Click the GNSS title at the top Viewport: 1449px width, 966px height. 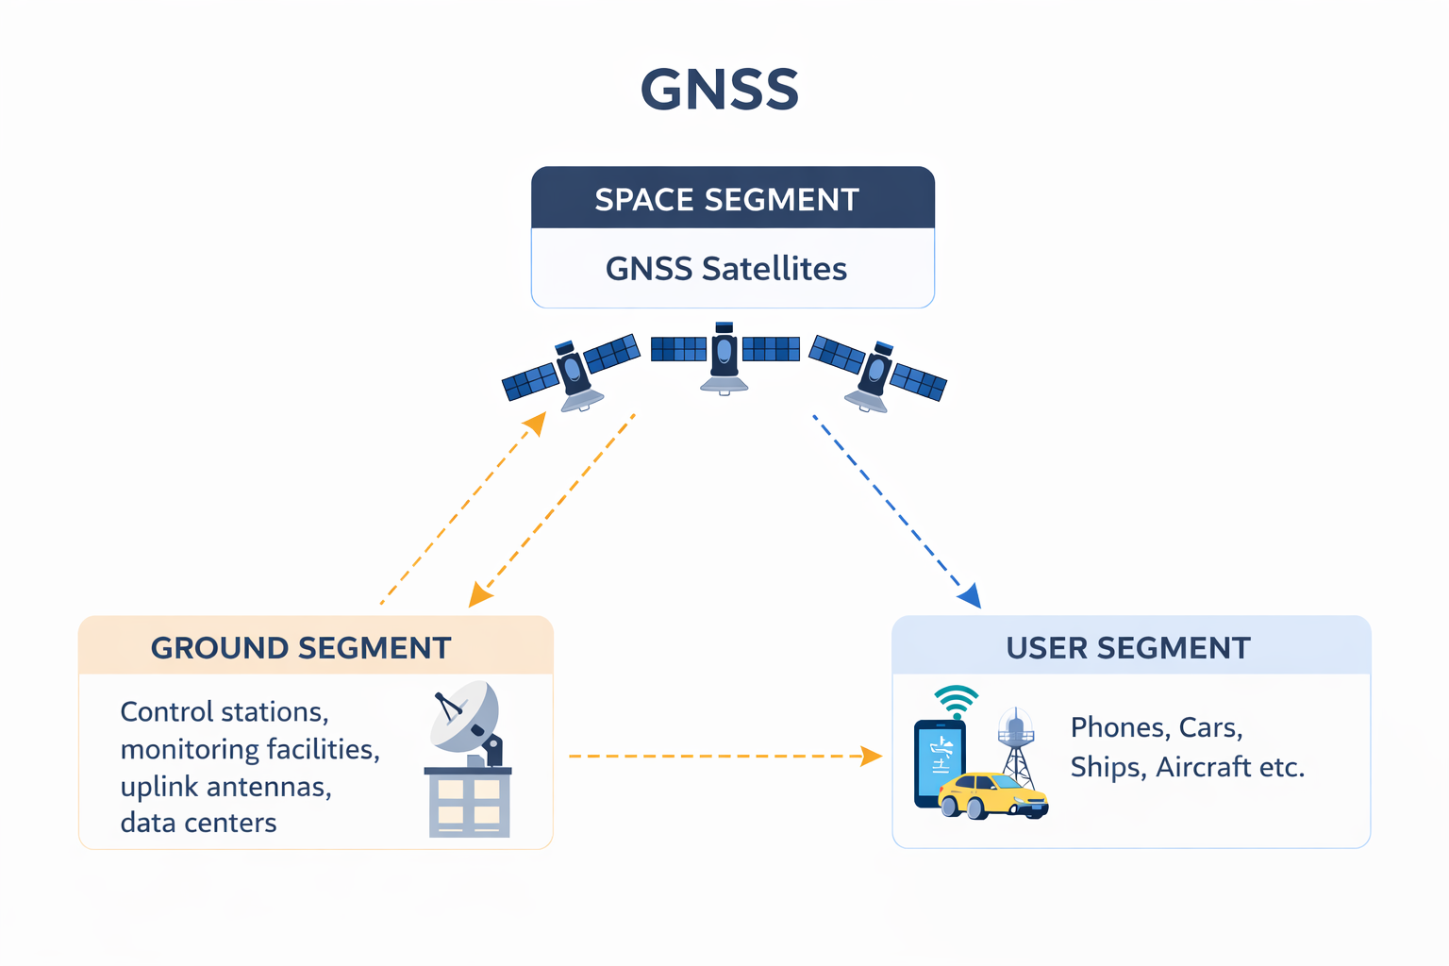(720, 90)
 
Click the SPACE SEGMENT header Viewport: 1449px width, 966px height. (726, 199)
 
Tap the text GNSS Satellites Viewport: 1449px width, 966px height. (726, 269)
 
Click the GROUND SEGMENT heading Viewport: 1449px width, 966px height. (301, 648)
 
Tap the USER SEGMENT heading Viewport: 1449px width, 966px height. (1128, 648)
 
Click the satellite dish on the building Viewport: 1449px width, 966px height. (464, 717)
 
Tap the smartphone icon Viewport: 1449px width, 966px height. (940, 762)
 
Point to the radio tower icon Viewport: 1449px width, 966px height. (1017, 745)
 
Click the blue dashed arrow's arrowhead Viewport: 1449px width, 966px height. (971, 597)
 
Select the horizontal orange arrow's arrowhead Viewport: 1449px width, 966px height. (873, 756)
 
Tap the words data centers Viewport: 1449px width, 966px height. (198, 823)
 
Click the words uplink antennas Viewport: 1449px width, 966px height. (225, 786)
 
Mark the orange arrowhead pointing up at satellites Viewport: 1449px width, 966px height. (536, 424)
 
